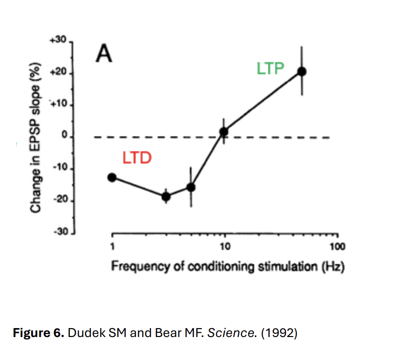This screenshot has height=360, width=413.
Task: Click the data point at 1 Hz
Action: pos(111,177)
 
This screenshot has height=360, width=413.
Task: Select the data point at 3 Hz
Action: pos(166,196)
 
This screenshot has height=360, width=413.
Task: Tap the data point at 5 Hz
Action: pos(191,187)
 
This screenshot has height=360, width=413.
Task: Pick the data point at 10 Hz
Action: pos(224,131)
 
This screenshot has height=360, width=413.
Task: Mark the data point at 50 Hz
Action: pos(302,71)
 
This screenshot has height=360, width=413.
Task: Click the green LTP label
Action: pos(270,68)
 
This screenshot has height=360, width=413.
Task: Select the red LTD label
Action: pos(137,158)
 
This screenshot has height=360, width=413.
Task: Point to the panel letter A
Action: pos(104,54)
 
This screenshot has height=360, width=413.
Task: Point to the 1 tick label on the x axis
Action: pos(112,247)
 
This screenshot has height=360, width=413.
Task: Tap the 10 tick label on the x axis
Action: pos(224,247)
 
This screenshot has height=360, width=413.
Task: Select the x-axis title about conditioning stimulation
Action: pos(228,267)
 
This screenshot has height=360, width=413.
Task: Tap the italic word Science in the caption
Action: pos(226,333)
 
